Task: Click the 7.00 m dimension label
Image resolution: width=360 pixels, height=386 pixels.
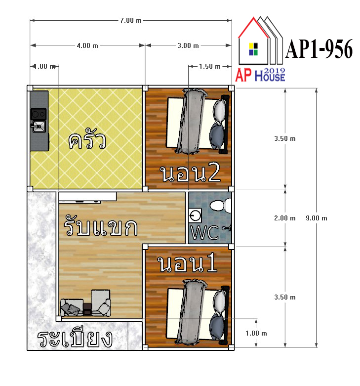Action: point(131,20)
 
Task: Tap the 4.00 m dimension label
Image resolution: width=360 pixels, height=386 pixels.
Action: point(87,45)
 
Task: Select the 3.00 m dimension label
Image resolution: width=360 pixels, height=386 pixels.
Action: point(188,45)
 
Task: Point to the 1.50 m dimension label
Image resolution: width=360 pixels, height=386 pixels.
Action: point(210,66)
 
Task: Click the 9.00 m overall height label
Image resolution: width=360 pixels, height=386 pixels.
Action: point(317,218)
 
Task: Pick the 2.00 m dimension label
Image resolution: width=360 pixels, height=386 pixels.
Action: point(285,218)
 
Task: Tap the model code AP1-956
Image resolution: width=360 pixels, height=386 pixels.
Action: point(319,49)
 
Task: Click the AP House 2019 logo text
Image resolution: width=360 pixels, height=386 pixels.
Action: point(260,75)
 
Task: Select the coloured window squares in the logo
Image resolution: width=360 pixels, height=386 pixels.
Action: point(253,49)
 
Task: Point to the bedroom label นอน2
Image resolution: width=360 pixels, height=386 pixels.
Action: point(190,173)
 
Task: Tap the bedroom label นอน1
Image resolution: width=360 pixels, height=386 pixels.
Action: point(187,263)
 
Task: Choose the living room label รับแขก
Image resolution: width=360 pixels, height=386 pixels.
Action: point(100,225)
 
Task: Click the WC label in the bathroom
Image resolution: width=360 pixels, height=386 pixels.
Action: point(204,232)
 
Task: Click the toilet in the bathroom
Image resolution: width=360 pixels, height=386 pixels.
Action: point(221,206)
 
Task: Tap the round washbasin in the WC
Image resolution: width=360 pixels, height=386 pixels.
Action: point(195,215)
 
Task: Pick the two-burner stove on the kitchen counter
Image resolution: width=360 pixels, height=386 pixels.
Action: point(39,114)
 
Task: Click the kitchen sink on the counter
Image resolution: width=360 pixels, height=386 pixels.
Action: point(39,127)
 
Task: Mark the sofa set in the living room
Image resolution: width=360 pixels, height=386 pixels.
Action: point(85,303)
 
